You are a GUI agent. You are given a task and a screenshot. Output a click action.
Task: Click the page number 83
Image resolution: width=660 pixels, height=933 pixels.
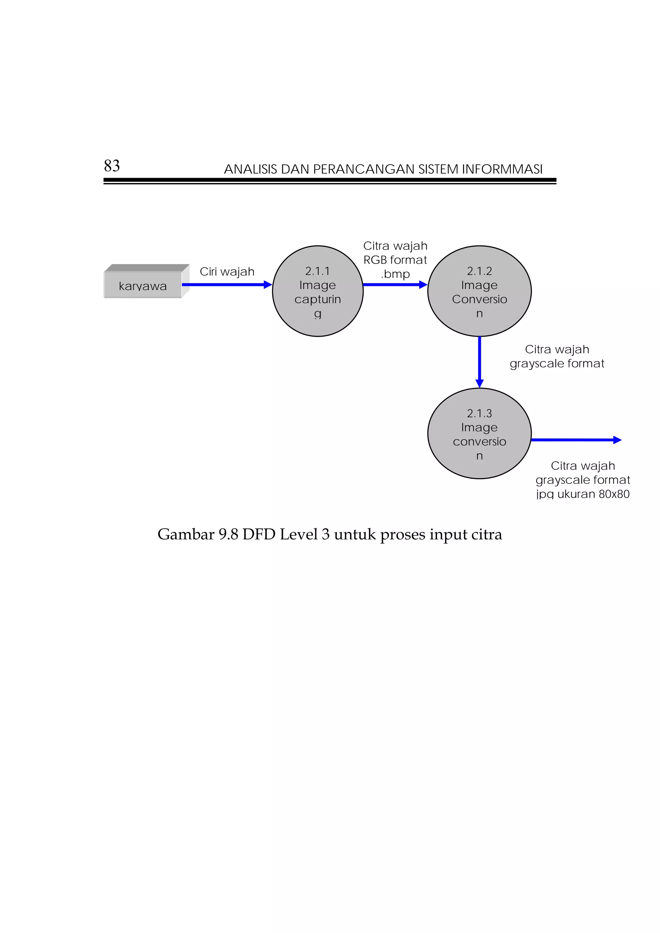click(x=112, y=166)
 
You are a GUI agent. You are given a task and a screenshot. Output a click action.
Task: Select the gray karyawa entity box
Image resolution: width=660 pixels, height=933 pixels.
click(x=143, y=285)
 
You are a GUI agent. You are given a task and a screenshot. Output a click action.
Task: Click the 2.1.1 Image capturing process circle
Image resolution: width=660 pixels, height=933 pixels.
click(x=317, y=291)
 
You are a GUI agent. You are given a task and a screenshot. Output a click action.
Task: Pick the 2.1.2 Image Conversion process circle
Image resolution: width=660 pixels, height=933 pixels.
click(x=479, y=291)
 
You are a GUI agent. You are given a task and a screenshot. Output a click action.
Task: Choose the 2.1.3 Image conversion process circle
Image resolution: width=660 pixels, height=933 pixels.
click(x=479, y=433)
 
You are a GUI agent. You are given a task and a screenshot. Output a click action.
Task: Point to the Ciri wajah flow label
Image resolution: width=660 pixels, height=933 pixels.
click(x=227, y=272)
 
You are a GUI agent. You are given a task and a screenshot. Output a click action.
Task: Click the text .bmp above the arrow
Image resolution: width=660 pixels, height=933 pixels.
click(x=395, y=274)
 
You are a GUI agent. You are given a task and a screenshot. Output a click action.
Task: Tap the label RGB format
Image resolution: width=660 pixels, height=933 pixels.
click(x=395, y=260)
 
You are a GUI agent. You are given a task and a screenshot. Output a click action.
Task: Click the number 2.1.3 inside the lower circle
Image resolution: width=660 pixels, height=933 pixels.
click(x=479, y=413)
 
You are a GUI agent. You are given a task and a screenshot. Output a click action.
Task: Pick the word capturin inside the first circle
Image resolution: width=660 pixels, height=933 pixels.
click(x=317, y=300)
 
